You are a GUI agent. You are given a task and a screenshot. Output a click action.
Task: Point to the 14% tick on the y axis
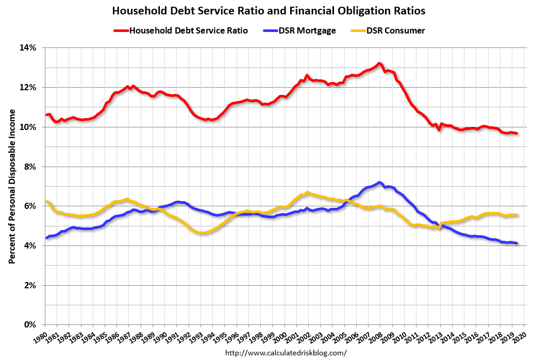(x=28, y=48)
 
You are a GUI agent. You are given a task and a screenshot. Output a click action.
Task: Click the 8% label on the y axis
(x=30, y=167)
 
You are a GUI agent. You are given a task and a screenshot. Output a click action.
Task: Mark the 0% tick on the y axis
(x=30, y=325)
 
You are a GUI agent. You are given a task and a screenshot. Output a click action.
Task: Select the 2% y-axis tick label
(x=30, y=285)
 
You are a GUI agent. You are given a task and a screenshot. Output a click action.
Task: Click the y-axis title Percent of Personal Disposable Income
(x=11, y=186)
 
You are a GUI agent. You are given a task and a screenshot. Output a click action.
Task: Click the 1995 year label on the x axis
(x=220, y=337)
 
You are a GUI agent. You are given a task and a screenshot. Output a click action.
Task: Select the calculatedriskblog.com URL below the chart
(x=286, y=353)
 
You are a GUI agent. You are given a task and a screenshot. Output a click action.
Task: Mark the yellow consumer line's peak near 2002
(x=307, y=192)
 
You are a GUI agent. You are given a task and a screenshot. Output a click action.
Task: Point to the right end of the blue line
(x=516, y=243)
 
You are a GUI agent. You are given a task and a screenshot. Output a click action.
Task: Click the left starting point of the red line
(x=46, y=114)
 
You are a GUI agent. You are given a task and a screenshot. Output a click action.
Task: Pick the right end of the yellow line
(x=516, y=215)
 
